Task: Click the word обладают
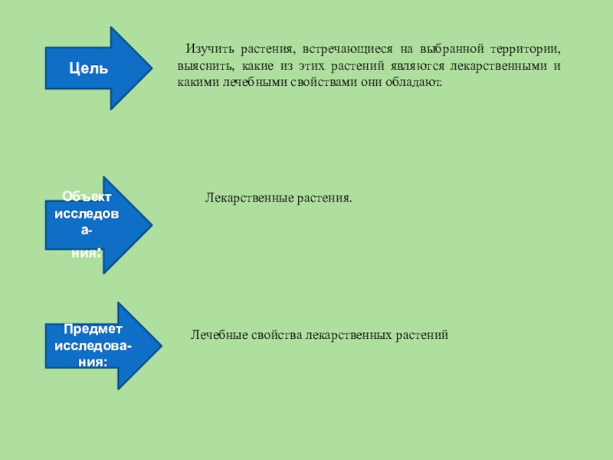tap(418, 82)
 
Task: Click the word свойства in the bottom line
tap(276, 335)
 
